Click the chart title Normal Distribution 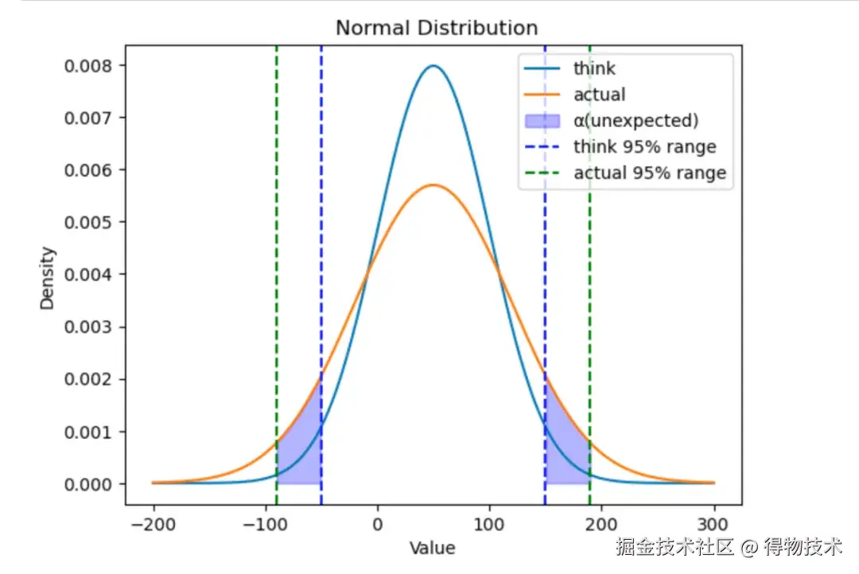coord(437,28)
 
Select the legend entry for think coord(594,68)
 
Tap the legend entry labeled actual coord(599,95)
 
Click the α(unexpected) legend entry coord(636,121)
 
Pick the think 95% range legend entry coord(644,147)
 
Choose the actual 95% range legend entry coord(650,173)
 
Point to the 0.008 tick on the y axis coord(87,65)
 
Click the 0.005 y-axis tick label coord(87,223)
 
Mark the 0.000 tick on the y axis coord(87,484)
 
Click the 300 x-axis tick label coord(714,525)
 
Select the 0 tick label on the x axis coord(378,525)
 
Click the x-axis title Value coord(433,549)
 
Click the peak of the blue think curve coord(433,66)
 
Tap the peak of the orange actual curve coord(433,185)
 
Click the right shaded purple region coord(562,457)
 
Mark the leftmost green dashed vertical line coord(277,239)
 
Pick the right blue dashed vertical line coord(545,239)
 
